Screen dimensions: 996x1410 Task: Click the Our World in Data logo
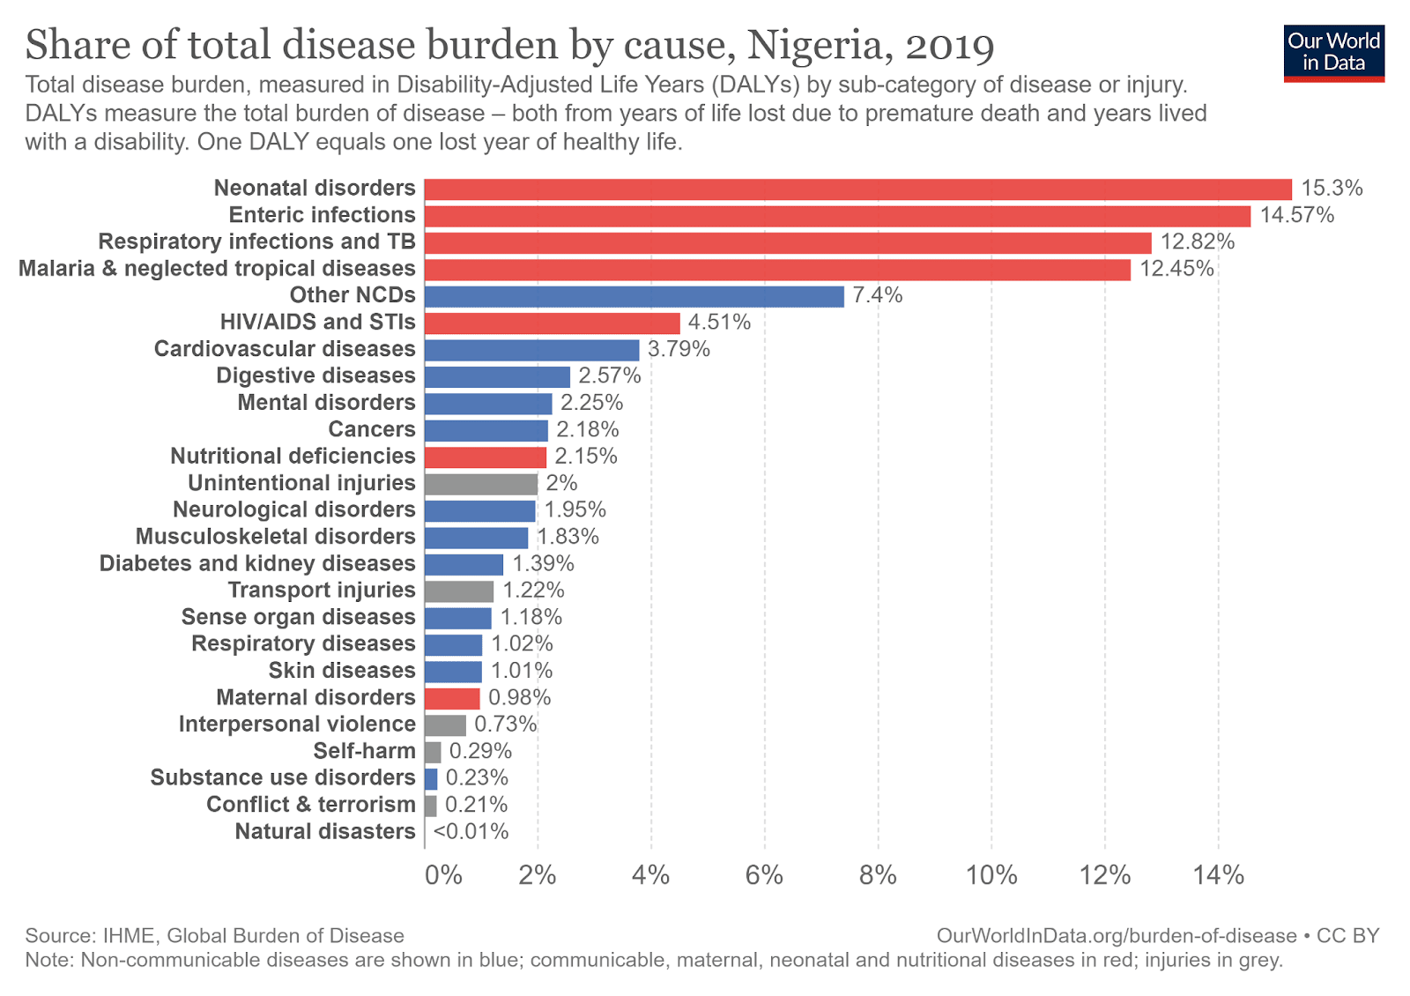pyautogui.click(x=1333, y=52)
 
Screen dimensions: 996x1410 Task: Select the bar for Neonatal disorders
pyautogui.click(x=857, y=190)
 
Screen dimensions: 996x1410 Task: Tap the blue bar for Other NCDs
pyautogui.click(x=634, y=296)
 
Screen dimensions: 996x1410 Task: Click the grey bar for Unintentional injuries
pyautogui.click(x=480, y=484)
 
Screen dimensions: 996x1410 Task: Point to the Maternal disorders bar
pyautogui.click(x=452, y=698)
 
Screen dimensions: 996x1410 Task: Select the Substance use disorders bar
pyautogui.click(x=431, y=778)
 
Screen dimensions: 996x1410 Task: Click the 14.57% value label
pyautogui.click(x=1296, y=215)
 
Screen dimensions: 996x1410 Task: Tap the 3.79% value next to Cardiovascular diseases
pyautogui.click(x=679, y=349)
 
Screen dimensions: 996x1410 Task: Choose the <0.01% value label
pyautogui.click(x=471, y=831)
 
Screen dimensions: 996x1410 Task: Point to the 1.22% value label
pyautogui.click(x=533, y=591)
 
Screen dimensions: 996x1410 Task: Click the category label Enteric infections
pyautogui.click(x=322, y=215)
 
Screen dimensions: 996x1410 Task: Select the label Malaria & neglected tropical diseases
pyautogui.click(x=217, y=269)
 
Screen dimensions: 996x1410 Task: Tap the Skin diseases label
pyautogui.click(x=342, y=671)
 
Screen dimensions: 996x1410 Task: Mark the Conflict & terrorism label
pyautogui.click(x=310, y=805)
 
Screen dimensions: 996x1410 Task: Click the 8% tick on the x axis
pyautogui.click(x=878, y=875)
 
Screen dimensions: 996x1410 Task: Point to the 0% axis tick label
pyautogui.click(x=443, y=875)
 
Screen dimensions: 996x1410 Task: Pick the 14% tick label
pyautogui.click(x=1219, y=875)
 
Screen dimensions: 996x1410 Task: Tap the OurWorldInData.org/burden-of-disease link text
pyautogui.click(x=1117, y=936)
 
